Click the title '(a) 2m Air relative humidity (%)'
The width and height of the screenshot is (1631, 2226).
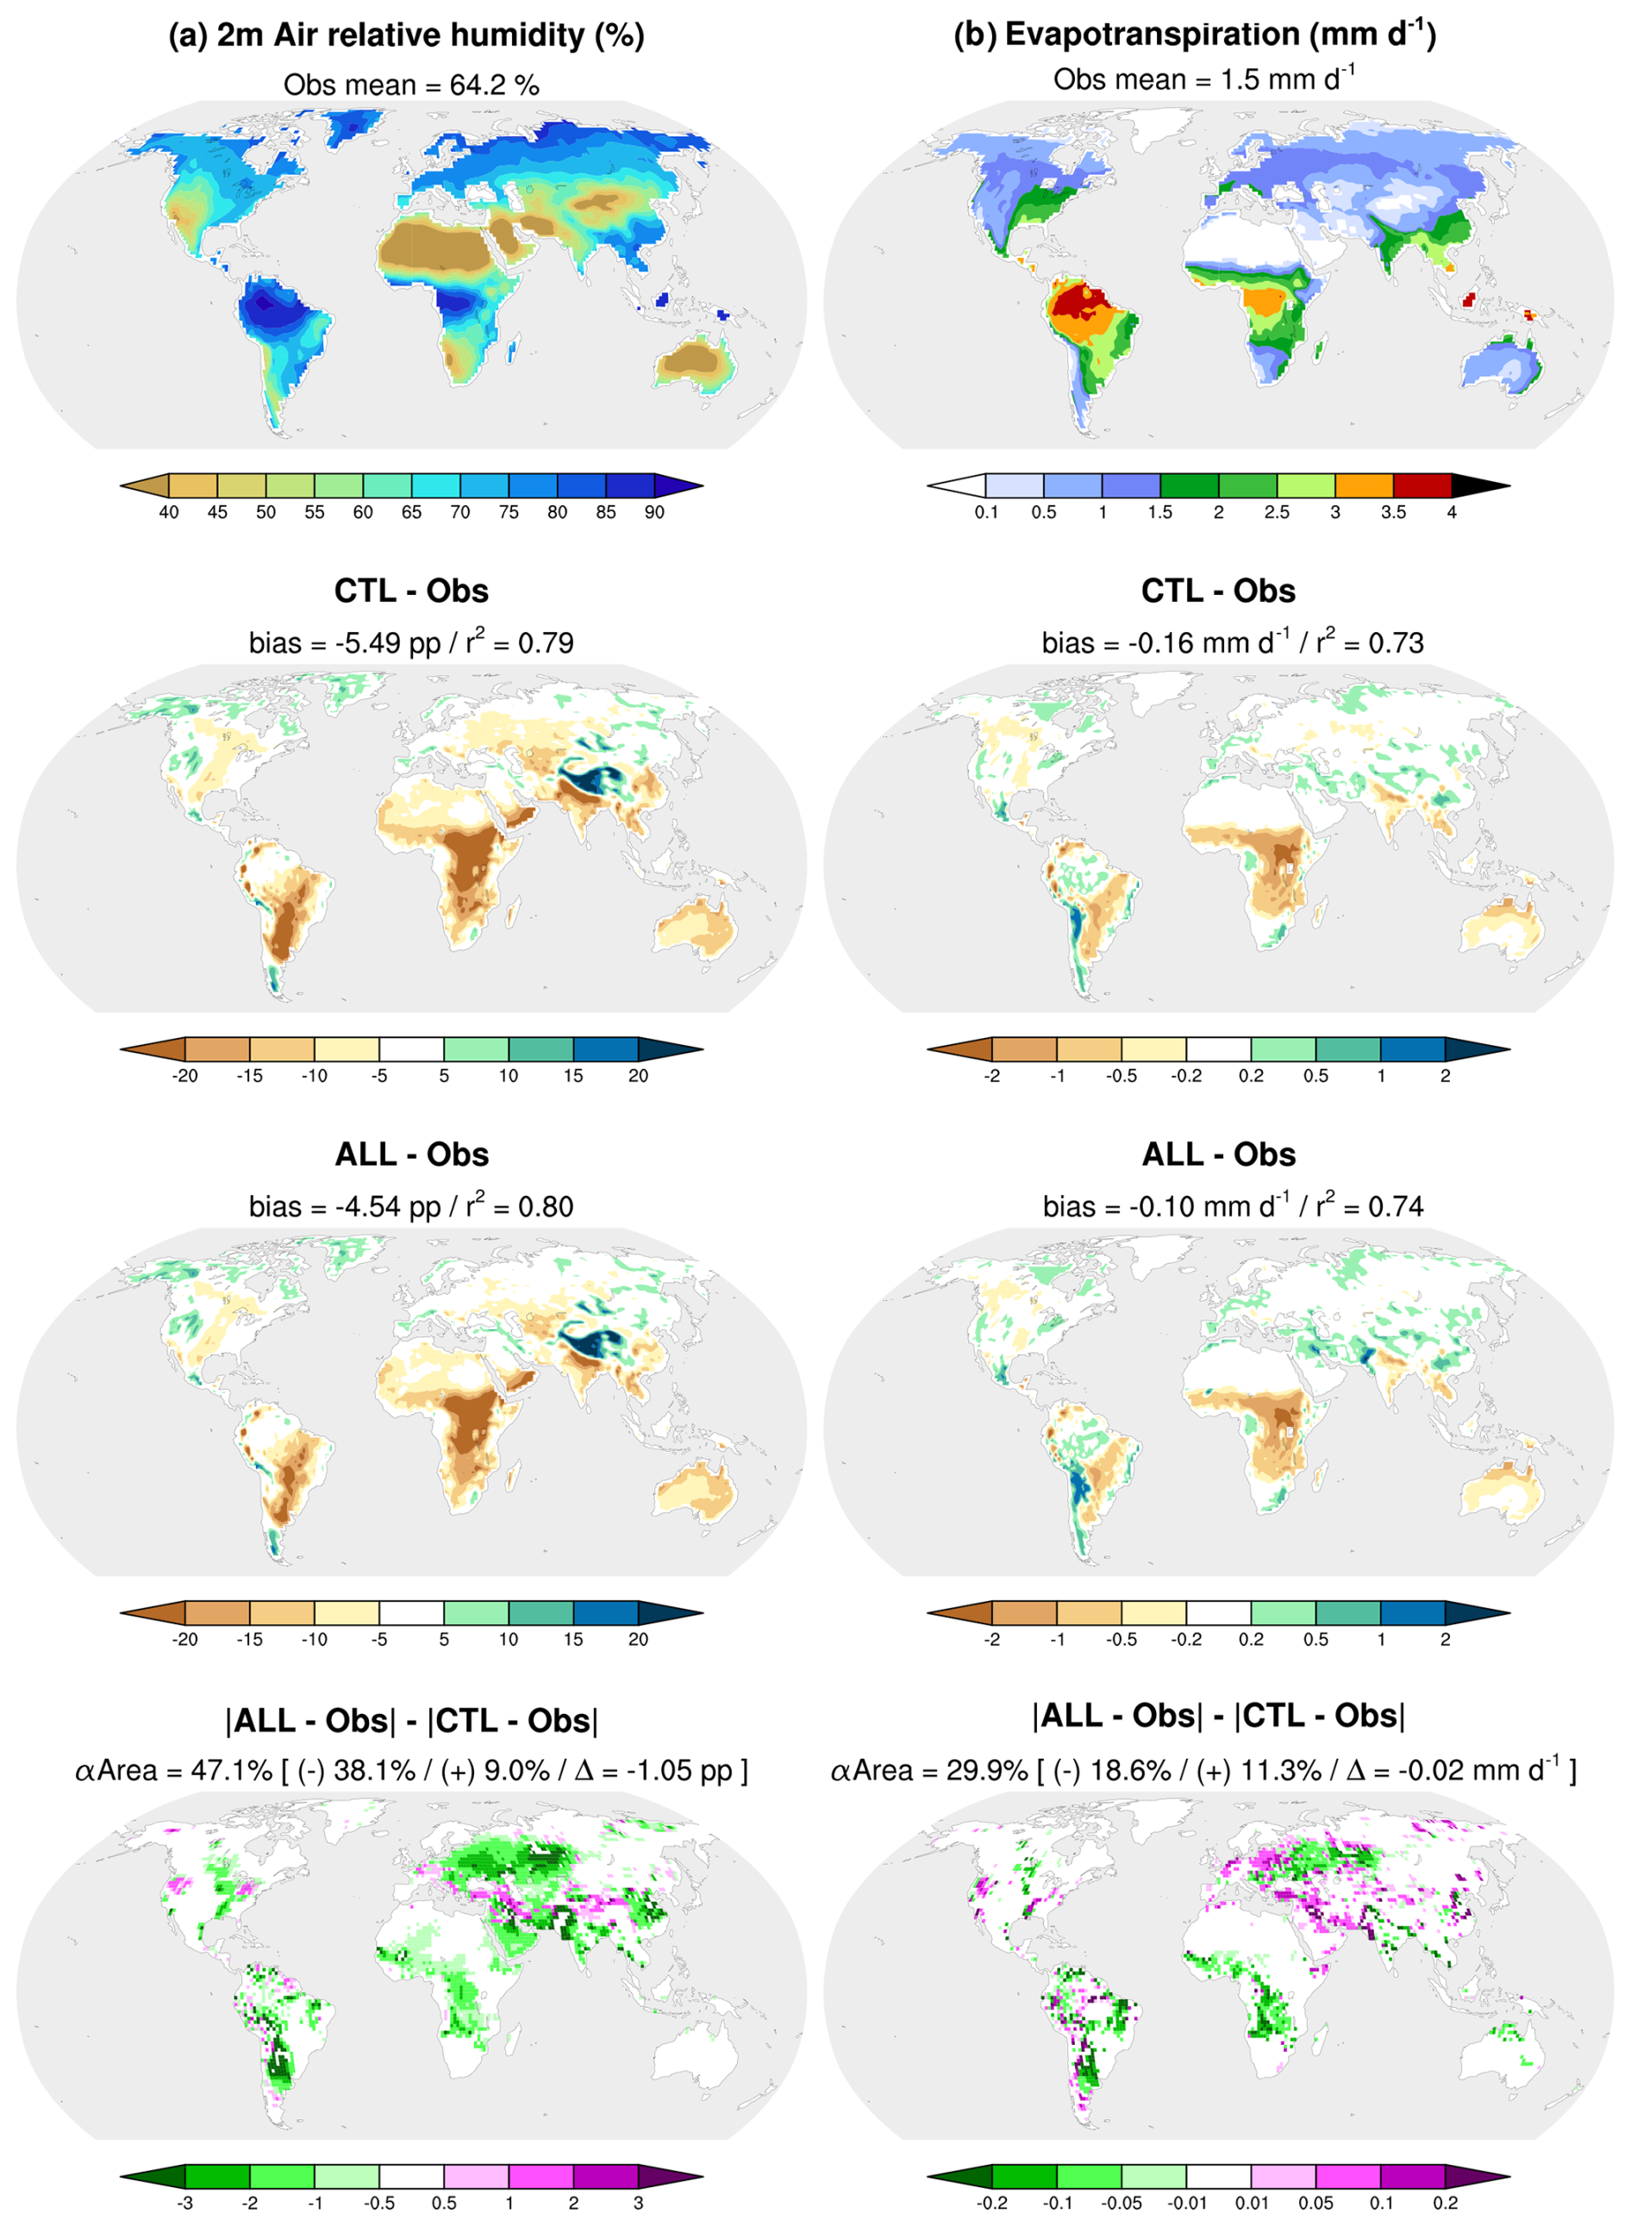point(406,35)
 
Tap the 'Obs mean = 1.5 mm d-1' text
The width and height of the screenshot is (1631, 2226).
point(1203,79)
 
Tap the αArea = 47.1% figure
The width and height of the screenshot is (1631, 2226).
point(172,1771)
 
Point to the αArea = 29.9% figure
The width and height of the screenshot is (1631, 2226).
point(929,1771)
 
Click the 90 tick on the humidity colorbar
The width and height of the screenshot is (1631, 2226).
point(654,512)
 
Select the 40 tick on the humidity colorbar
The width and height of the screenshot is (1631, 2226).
point(169,512)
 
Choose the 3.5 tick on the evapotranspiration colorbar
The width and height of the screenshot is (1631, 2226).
point(1393,512)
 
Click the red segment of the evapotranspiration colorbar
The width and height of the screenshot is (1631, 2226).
point(1422,485)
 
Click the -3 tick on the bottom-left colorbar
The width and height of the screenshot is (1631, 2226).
point(184,2204)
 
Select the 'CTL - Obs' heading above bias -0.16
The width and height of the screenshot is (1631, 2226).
point(1218,591)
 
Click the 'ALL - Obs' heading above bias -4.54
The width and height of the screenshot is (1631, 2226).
point(412,1154)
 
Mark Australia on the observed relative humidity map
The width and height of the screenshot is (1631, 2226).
point(694,362)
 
